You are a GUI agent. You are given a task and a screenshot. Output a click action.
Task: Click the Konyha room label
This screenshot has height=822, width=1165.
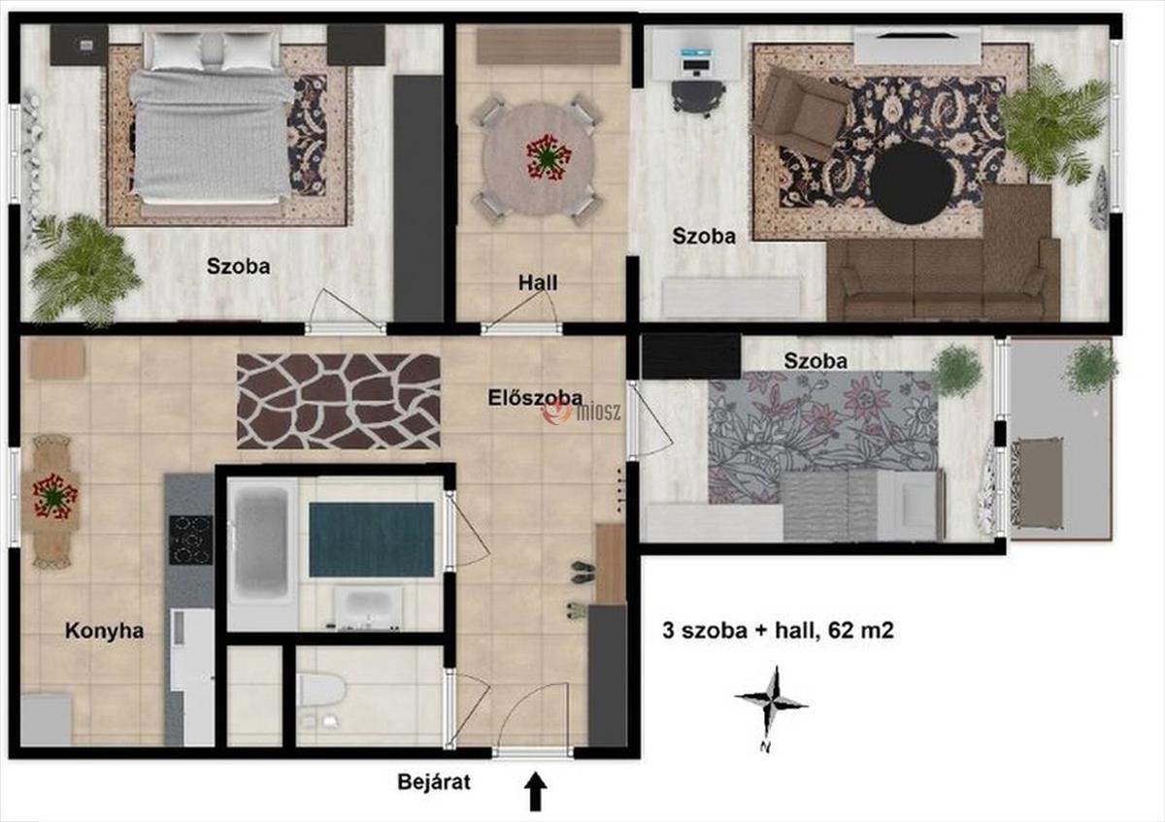coord(104,631)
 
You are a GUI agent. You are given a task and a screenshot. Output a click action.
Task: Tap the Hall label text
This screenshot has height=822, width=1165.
coord(538,282)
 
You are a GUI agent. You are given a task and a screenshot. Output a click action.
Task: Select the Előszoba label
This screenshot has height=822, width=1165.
coord(535,398)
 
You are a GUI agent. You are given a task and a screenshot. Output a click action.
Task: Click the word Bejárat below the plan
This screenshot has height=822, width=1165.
coord(434,782)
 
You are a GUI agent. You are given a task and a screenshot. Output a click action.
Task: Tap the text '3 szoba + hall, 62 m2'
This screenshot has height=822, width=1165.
coord(778,631)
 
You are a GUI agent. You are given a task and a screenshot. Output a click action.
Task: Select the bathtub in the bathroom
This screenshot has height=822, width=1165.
coord(262,547)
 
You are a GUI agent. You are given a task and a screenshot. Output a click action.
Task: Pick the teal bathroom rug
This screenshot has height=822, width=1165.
coord(371,540)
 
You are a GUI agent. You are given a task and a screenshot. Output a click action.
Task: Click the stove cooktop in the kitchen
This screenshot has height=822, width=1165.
coord(190,541)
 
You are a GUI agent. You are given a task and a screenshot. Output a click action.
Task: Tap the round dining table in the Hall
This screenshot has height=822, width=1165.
coord(538,158)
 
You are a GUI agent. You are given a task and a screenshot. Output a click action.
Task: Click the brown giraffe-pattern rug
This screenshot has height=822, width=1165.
coord(339,401)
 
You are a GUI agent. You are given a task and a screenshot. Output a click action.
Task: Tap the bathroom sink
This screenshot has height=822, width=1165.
coord(368,608)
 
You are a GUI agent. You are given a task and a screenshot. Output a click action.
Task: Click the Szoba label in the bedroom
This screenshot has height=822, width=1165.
coord(238,266)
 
